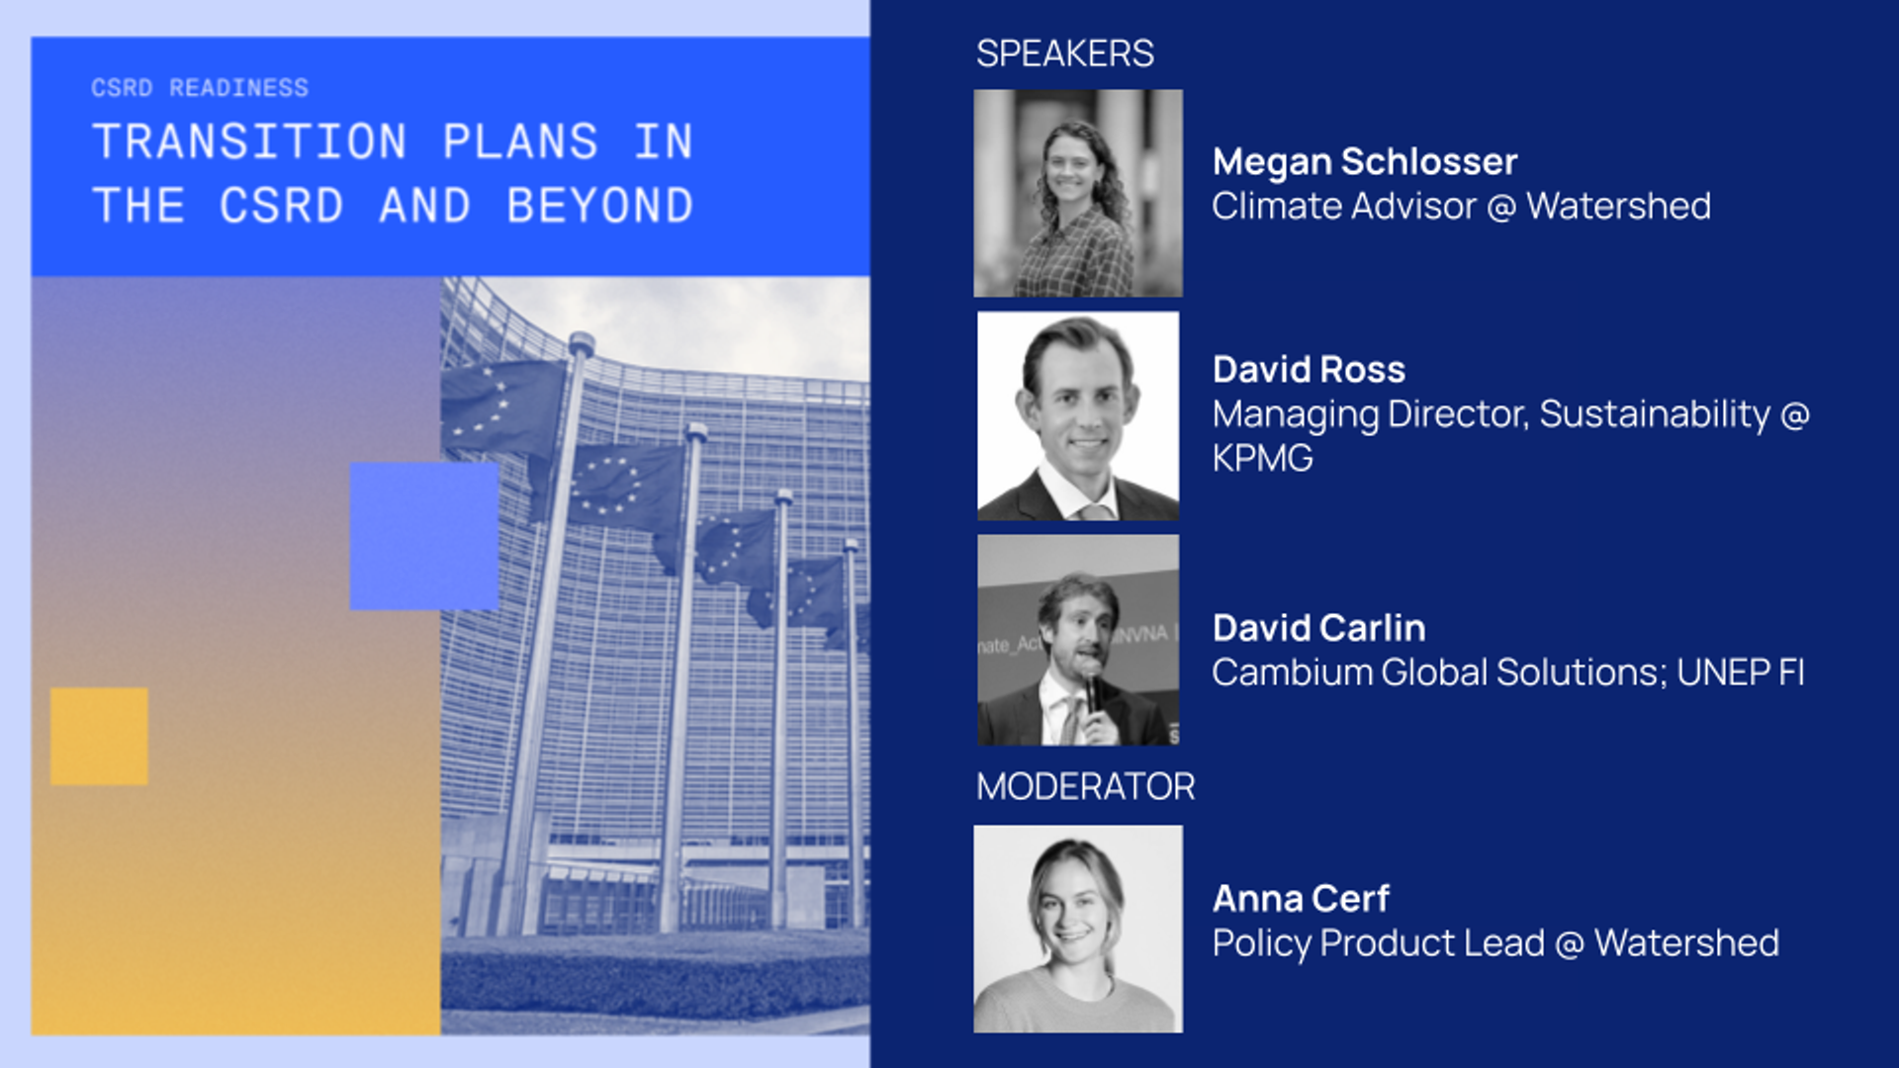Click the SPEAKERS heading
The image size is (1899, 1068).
point(1064,53)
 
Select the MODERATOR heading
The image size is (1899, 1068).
point(1085,787)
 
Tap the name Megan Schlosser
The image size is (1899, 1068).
point(1365,162)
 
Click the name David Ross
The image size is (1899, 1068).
point(1309,370)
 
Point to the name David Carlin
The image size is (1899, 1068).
point(1319,628)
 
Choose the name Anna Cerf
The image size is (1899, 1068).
point(1301,899)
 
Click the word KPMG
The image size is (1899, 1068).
point(1263,459)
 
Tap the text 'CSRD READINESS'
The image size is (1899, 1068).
point(200,88)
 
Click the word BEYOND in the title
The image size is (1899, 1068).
point(599,206)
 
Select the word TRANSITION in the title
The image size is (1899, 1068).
point(249,141)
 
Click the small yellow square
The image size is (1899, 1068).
point(99,737)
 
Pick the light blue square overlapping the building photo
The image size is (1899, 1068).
point(424,536)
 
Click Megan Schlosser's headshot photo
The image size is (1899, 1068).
point(1078,194)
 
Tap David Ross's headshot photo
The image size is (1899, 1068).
point(1078,416)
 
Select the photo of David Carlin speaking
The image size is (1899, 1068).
point(1078,640)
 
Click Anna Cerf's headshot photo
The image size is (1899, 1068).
point(1078,930)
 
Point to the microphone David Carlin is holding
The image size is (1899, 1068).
point(1092,687)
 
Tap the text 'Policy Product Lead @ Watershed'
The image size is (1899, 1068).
point(1495,943)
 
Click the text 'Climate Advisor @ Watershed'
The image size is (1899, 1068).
point(1462,207)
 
